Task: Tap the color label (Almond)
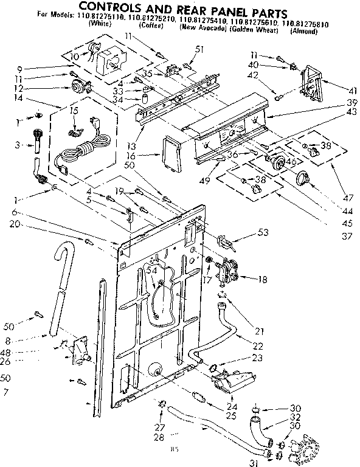point(303,31)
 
